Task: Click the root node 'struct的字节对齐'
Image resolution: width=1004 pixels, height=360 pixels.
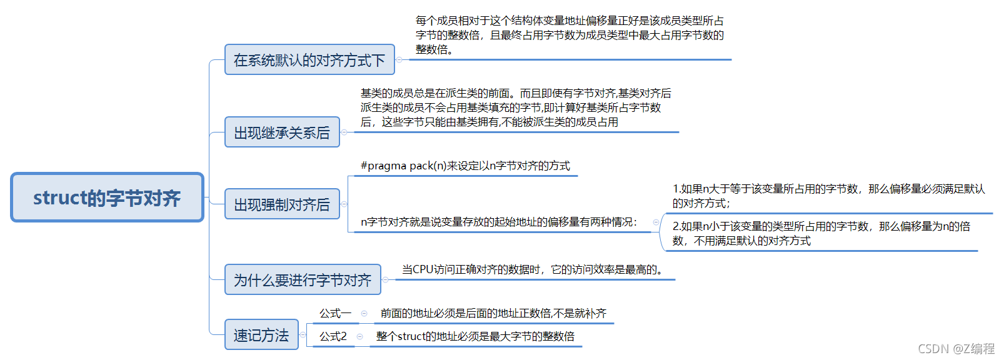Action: click(107, 197)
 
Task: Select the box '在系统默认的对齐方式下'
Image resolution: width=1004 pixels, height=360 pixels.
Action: click(309, 60)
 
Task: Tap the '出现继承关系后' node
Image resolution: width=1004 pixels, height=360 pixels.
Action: click(282, 132)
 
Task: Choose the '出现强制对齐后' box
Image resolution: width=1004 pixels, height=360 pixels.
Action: click(282, 204)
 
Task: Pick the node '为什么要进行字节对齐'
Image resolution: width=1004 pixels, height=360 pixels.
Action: click(303, 280)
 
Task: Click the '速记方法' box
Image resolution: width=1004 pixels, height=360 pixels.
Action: click(261, 335)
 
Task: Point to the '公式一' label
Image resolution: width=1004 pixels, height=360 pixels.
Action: click(335, 313)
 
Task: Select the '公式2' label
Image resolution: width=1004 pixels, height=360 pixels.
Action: click(333, 336)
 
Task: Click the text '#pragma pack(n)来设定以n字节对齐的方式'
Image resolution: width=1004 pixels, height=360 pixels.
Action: click(465, 166)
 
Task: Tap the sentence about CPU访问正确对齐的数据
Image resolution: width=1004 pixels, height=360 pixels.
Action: click(532, 269)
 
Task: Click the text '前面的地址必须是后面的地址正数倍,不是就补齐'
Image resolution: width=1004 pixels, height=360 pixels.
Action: click(493, 313)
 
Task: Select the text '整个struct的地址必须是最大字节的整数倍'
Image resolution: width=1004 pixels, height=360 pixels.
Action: click(475, 336)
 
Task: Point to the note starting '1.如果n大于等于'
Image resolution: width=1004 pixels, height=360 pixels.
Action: click(828, 196)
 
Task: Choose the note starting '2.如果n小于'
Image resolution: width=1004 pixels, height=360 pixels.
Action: click(821, 233)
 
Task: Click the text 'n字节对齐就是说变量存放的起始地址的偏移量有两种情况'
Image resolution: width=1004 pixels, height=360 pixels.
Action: click(498, 222)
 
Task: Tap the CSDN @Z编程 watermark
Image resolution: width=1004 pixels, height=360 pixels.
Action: click(956, 348)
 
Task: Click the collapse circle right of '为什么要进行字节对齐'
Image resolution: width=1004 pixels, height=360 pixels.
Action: click(385, 279)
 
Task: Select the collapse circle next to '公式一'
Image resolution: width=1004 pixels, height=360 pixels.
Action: click(364, 313)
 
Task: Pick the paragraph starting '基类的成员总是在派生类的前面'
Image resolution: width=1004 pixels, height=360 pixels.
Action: click(515, 107)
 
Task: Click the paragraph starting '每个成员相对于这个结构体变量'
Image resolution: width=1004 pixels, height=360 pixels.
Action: click(570, 35)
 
